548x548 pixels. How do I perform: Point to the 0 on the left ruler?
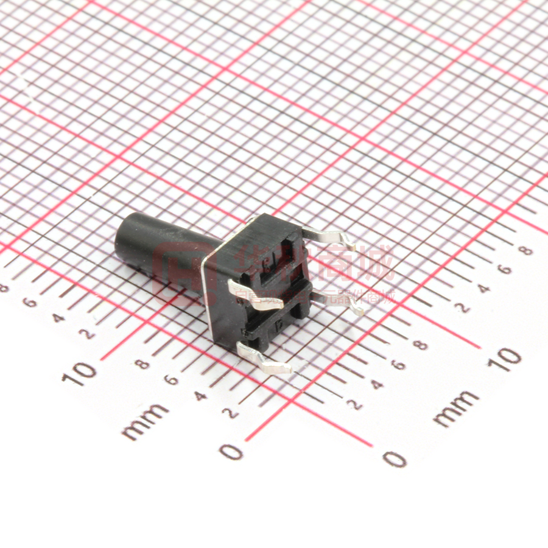pyautogui.click(x=231, y=451)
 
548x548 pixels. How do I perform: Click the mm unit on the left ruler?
pyautogui.click(x=145, y=420)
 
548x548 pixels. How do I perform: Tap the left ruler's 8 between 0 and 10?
pyautogui.click(x=142, y=365)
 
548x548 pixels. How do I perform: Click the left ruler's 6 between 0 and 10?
pyautogui.click(x=172, y=381)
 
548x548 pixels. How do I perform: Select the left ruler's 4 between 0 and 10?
pyautogui.click(x=202, y=396)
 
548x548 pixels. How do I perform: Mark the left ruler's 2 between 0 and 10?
pyautogui.click(x=231, y=413)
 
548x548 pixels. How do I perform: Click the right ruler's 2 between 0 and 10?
pyautogui.click(x=355, y=404)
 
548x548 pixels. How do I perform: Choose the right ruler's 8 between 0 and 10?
pyautogui.click(x=420, y=345)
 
